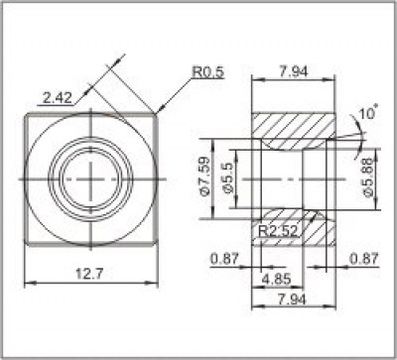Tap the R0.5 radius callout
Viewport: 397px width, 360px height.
tap(207, 71)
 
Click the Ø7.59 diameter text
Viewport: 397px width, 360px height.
tap(205, 178)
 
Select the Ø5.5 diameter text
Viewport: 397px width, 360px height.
tap(227, 178)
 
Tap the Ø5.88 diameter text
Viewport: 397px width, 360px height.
tap(367, 178)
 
